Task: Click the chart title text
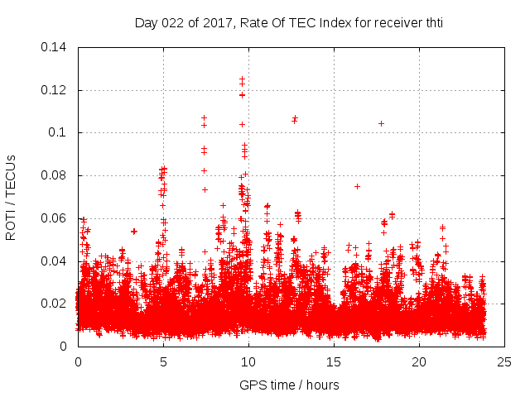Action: point(289,23)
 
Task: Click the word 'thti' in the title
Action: point(432,23)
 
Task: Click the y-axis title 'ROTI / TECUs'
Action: point(12,197)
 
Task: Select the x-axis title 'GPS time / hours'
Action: point(289,385)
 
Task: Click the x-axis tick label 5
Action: point(163,362)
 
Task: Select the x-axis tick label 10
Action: point(248,362)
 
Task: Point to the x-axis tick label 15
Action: point(334,362)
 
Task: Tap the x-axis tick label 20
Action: point(419,362)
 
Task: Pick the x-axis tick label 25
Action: point(504,362)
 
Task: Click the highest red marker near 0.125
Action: point(242,79)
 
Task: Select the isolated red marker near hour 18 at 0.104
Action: point(381,123)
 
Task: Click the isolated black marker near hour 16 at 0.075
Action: point(357,186)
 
